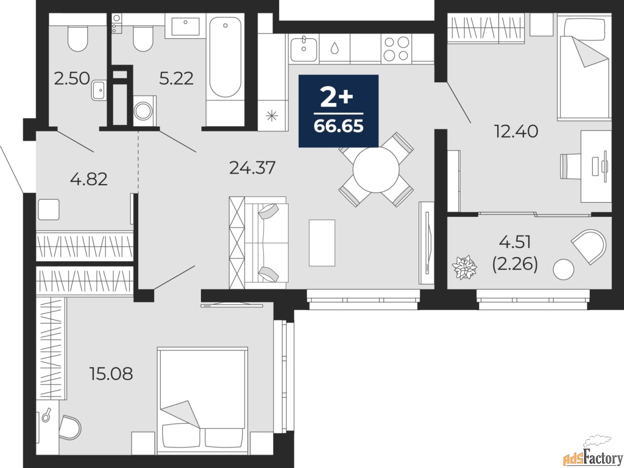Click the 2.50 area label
tap(72, 78)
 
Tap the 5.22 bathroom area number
tap(176, 78)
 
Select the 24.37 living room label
tap(252, 168)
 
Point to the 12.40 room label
tap(516, 132)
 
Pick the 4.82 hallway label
tap(89, 179)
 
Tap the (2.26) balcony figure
tap(515, 265)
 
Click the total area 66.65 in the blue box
tap(338, 126)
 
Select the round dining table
tap(376, 170)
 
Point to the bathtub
tap(225, 57)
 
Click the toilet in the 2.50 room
tap(78, 39)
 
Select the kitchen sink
tap(304, 49)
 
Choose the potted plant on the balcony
tap(465, 267)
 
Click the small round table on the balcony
tap(564, 270)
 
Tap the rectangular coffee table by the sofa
tap(322, 243)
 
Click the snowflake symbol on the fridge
tap(272, 116)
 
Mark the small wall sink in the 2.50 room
tap(99, 90)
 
